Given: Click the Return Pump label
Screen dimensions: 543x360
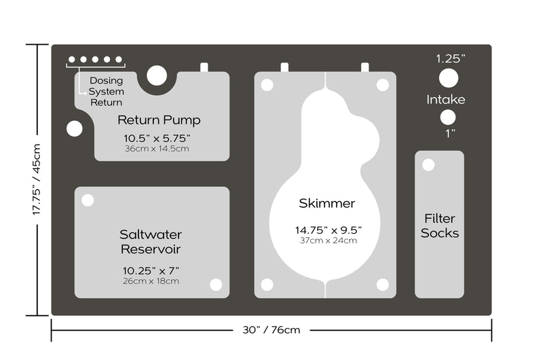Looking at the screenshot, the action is (159, 120).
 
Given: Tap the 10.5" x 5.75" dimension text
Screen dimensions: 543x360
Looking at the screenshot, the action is (157, 139).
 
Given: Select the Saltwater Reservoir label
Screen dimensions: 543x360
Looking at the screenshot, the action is (151, 242).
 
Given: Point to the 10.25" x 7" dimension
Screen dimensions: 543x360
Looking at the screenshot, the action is (151, 270).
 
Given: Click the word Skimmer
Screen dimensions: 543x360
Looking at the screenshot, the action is (327, 203).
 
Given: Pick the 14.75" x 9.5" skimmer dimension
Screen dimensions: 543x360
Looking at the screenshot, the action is (329, 230).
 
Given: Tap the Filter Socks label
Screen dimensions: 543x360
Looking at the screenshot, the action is (440, 226).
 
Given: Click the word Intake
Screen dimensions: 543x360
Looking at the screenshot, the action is (446, 100).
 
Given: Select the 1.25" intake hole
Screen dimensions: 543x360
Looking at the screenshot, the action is (449, 78).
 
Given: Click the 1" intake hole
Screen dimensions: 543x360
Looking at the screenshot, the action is (448, 118).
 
